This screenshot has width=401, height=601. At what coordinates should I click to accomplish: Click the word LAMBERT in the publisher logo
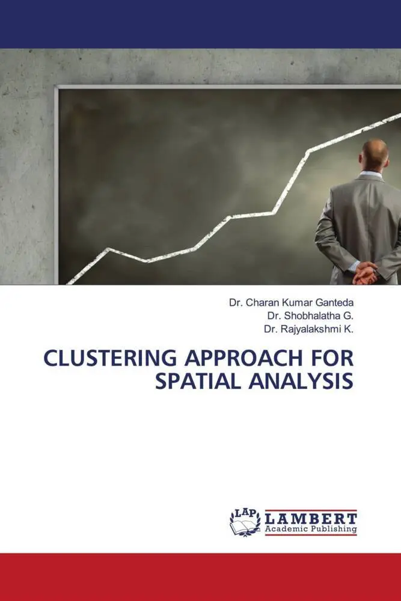[311, 517]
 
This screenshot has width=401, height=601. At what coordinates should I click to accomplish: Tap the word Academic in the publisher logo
[285, 529]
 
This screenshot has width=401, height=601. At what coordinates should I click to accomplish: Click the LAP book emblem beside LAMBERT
[245, 522]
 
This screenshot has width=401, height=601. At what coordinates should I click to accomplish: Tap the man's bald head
[376, 153]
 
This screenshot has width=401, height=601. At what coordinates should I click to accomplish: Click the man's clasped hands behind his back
[366, 273]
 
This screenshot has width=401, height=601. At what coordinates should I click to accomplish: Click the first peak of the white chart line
[108, 248]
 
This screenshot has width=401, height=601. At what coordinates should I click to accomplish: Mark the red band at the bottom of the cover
[200, 576]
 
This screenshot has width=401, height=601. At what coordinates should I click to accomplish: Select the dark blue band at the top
[200, 24]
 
